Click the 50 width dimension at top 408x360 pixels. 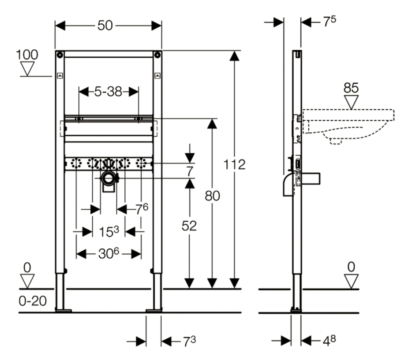105,26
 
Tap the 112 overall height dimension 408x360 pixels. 235,164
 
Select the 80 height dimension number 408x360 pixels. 212,196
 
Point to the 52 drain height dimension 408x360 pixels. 189,226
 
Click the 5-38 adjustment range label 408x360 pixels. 108,92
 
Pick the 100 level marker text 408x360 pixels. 27,55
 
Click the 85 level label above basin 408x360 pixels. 351,88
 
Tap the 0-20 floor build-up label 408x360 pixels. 33,301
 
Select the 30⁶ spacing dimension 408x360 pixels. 109,253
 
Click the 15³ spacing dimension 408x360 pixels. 109,231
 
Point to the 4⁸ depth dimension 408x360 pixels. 329,341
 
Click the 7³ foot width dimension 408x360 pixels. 189,341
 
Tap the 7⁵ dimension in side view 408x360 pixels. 329,21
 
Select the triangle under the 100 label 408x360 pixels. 27,68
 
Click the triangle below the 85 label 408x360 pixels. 351,102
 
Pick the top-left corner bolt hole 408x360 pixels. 60,55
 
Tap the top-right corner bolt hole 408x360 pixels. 157,55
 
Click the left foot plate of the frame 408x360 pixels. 63,310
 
